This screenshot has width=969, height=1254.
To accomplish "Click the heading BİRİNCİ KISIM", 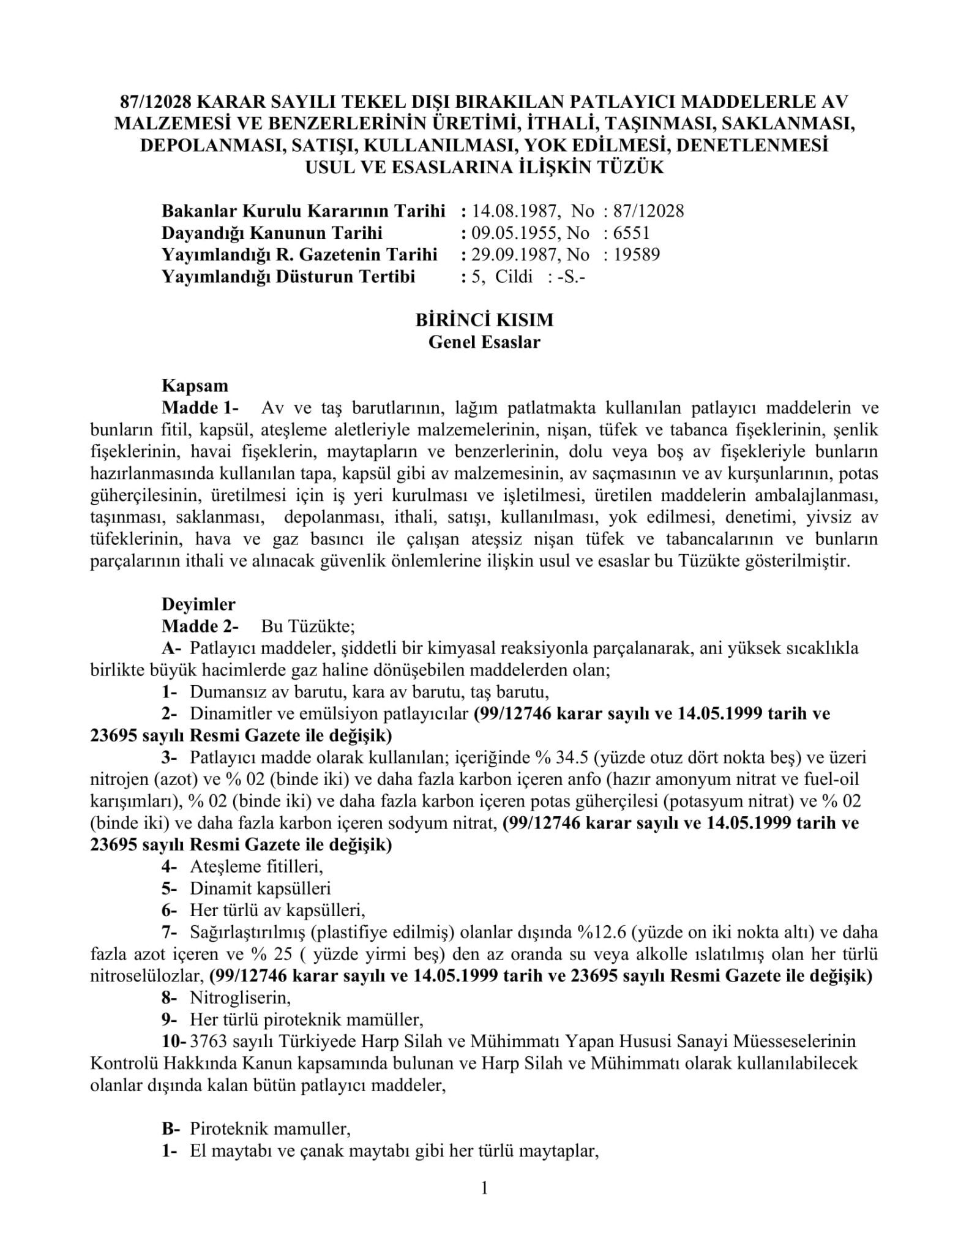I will (484, 320).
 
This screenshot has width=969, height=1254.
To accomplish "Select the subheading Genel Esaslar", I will (484, 342).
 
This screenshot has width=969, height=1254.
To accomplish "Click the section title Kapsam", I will (195, 386).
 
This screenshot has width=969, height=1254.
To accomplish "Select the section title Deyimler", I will (198, 604).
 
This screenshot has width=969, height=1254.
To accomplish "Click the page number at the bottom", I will (484, 1188).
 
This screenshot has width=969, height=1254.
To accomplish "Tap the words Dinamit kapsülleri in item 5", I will (260, 888).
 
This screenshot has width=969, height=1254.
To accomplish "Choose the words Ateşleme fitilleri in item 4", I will (256, 867).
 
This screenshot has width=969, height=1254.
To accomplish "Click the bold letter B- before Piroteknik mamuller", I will (171, 1128).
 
